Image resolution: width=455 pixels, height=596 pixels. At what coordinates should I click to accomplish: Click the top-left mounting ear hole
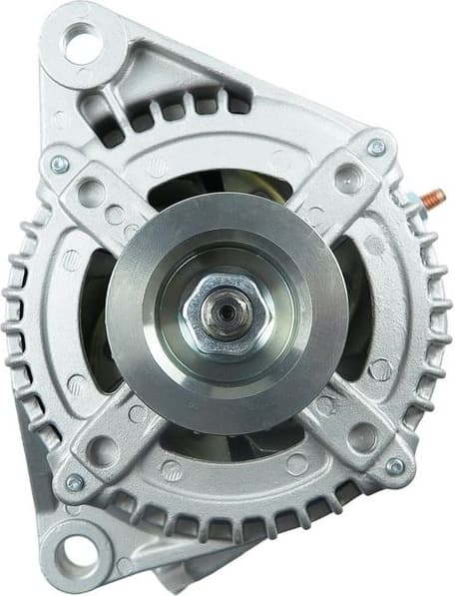click(x=83, y=44)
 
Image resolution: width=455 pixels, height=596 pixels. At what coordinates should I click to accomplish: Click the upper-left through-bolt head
click(x=59, y=164)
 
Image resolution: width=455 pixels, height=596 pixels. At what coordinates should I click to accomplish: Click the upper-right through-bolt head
click(x=376, y=148)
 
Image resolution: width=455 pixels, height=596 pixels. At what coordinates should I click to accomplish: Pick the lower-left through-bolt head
click(x=74, y=482)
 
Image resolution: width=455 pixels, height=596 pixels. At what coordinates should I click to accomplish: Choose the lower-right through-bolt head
click(x=395, y=465)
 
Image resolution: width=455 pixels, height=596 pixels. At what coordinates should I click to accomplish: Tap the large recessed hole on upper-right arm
click(x=348, y=180)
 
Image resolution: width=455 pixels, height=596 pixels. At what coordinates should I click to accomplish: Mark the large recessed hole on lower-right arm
click(x=361, y=436)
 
